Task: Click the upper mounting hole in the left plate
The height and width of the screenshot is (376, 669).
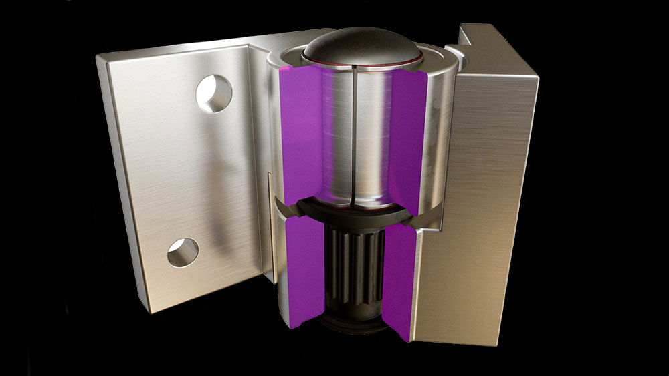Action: click(214, 93)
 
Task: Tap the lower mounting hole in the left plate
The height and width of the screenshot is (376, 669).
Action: click(182, 252)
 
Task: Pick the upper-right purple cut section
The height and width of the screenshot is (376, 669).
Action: click(407, 140)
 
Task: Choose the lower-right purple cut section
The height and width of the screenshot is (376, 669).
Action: click(397, 280)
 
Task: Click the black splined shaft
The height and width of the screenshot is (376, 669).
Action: click(354, 267)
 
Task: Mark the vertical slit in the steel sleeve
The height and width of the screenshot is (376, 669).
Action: click(351, 134)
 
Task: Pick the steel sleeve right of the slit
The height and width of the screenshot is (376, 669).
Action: click(371, 134)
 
